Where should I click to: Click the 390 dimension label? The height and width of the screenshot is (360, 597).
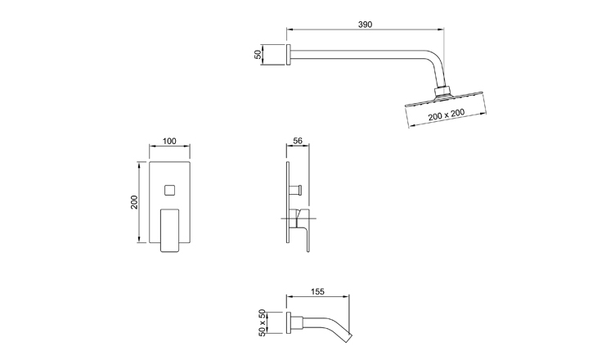(x=365, y=25)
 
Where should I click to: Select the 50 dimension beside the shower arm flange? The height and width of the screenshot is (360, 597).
(x=258, y=55)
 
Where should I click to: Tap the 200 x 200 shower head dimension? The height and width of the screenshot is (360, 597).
(x=447, y=115)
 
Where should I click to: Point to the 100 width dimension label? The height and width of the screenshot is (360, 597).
(x=169, y=141)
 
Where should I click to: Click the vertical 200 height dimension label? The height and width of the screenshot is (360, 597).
(x=134, y=202)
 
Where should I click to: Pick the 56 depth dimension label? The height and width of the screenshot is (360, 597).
(x=298, y=141)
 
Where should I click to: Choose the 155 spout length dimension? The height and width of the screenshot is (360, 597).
(x=317, y=291)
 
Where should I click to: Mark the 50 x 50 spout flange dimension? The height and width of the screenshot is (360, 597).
(x=262, y=322)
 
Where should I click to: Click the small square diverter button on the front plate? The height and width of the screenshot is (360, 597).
(x=170, y=190)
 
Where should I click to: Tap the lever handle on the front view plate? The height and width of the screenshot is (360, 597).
(x=170, y=230)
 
